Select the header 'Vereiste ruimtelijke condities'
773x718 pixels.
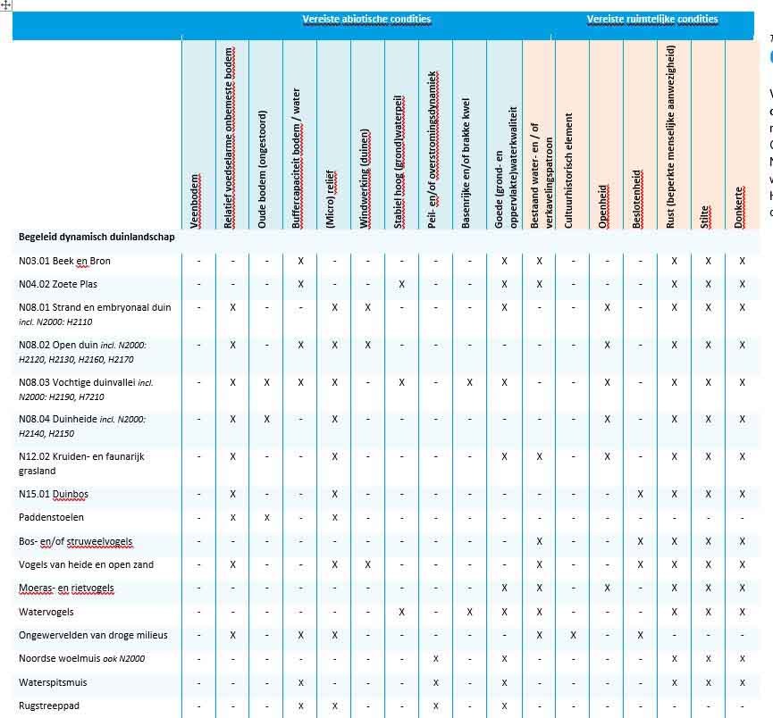pos(651,19)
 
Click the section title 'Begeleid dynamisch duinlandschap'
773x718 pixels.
pos(97,238)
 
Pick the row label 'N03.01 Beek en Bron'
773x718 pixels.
pos(64,261)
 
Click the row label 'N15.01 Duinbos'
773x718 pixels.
pos(54,494)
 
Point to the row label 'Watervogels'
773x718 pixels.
pos(46,612)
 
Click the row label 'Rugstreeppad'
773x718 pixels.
pos(49,705)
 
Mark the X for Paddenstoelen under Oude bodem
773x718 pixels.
pos(266,517)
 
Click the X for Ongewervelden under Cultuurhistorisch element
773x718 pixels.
pos(573,635)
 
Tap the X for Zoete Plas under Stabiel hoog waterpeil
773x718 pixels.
pos(402,284)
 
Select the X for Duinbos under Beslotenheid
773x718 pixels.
pos(640,494)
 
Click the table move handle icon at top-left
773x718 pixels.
pos(6,5)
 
